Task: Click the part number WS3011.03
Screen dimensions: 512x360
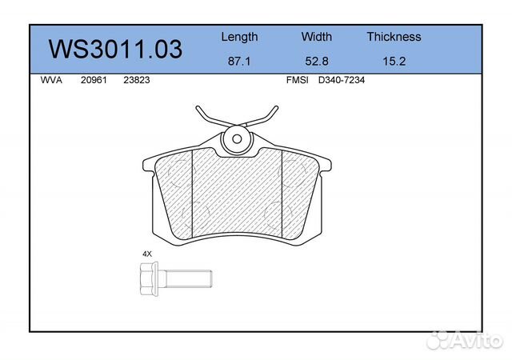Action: point(115,50)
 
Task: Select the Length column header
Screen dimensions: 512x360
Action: point(239,37)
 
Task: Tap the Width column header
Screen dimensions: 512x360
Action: point(317,37)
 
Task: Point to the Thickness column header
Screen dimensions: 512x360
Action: point(394,37)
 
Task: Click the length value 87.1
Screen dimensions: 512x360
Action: point(239,61)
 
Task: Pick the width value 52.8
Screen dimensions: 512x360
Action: point(317,61)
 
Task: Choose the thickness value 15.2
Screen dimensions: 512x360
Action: point(394,61)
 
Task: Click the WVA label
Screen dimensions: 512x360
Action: point(51,80)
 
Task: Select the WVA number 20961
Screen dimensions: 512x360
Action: point(94,80)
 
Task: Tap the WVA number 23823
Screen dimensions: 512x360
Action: point(137,80)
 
